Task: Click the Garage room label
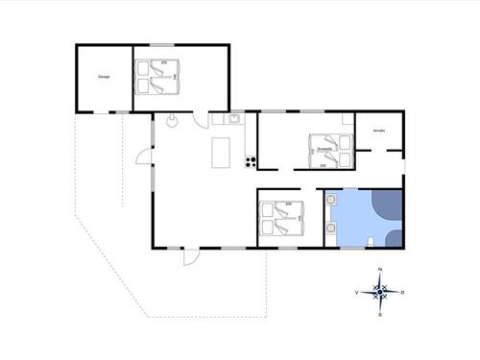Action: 104,76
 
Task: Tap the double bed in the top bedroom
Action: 157,77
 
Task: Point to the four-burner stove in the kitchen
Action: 251,159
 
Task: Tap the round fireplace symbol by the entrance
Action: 171,121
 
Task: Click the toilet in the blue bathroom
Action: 371,240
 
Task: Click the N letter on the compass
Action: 380,269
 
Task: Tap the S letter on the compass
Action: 380,313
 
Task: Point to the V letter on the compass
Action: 358,291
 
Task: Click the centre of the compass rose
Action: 380,291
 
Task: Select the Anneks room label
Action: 379,129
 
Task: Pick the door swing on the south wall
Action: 190,256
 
